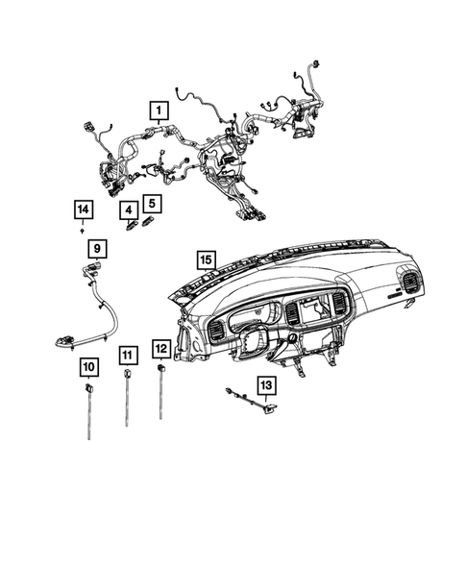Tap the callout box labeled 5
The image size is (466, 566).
[x=152, y=203]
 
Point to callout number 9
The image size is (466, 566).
[x=97, y=249]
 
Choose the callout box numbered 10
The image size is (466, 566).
[x=87, y=366]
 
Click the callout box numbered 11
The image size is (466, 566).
[x=127, y=357]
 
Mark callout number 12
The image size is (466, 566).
[x=162, y=348]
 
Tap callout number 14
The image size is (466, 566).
[x=84, y=209]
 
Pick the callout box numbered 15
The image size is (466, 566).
[x=204, y=258]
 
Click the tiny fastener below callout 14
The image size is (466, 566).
[x=84, y=232]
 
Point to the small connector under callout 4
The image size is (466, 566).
[x=130, y=226]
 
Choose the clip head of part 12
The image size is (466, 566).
[x=161, y=367]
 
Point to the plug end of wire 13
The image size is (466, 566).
[x=270, y=407]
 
